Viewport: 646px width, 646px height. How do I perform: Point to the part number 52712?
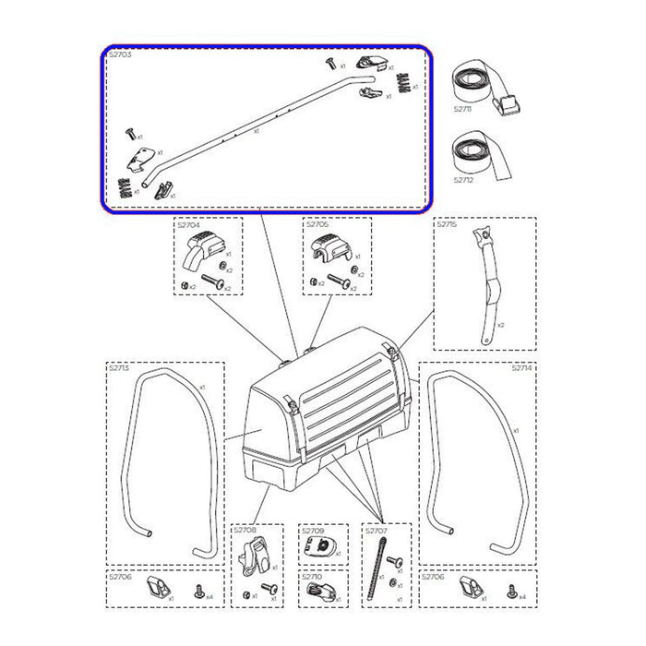(x=463, y=180)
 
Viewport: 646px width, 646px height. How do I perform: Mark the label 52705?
(x=317, y=224)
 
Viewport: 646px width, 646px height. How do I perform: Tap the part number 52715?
(x=446, y=224)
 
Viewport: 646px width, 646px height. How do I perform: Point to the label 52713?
(x=119, y=367)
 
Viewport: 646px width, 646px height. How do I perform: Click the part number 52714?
(x=526, y=367)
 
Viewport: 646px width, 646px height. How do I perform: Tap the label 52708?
(x=245, y=531)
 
